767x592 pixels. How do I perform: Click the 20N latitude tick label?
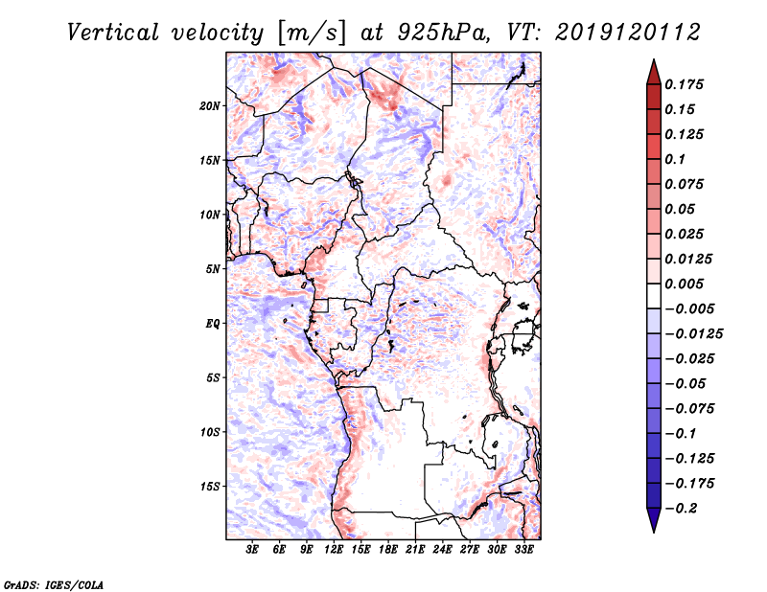[210, 105]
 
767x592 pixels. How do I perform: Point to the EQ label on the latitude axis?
[212, 323]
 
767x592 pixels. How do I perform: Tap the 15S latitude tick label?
[210, 486]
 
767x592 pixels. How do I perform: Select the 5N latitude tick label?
[213, 268]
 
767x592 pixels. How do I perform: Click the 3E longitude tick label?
[253, 551]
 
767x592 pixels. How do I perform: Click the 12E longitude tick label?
[335, 551]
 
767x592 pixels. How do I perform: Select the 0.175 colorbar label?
[686, 84]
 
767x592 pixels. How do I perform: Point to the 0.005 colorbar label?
[686, 284]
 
